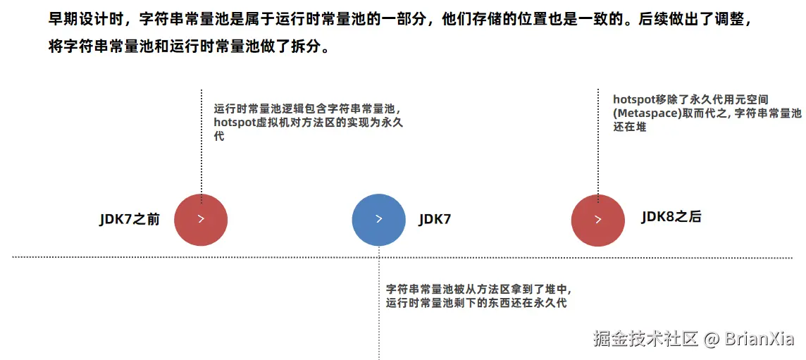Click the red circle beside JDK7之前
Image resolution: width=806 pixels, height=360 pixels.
[x=201, y=219]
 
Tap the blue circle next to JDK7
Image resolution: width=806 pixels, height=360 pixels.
[x=379, y=219]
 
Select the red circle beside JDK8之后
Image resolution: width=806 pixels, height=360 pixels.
[x=598, y=219]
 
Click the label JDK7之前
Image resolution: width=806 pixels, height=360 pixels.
[x=130, y=219]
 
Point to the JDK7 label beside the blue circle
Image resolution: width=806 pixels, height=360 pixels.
[x=435, y=219]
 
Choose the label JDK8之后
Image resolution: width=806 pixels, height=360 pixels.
[x=671, y=217]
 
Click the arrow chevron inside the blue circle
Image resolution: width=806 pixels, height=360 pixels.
[x=379, y=219]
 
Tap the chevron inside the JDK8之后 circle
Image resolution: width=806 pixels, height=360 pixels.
[x=598, y=219]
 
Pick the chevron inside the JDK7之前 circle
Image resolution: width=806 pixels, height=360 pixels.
[x=201, y=219]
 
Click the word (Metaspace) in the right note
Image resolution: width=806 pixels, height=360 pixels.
[x=643, y=113]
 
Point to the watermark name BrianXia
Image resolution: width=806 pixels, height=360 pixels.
[x=759, y=339]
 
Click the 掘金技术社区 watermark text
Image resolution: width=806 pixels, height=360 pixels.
[x=645, y=339]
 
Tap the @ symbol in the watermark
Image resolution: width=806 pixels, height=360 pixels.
[x=711, y=339]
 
